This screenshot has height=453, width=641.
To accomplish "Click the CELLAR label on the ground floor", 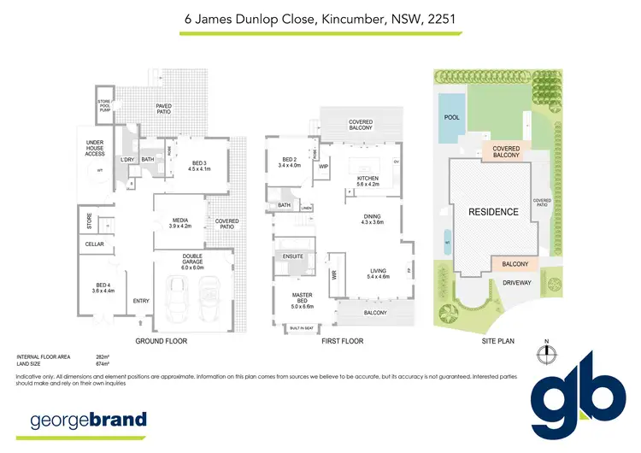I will pos(94,245).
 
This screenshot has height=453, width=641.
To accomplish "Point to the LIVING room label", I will pos(377,274).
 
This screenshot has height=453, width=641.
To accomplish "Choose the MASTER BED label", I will pos(303,297).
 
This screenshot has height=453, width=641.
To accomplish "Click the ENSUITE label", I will pos(294,256).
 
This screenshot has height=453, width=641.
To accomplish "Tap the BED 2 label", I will pos(291,162).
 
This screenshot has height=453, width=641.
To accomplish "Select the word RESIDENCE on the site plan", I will pos(493,211).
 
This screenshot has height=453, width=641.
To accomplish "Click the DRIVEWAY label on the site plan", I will pos(516,281).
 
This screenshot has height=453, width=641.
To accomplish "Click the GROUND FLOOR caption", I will pos(162,341).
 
